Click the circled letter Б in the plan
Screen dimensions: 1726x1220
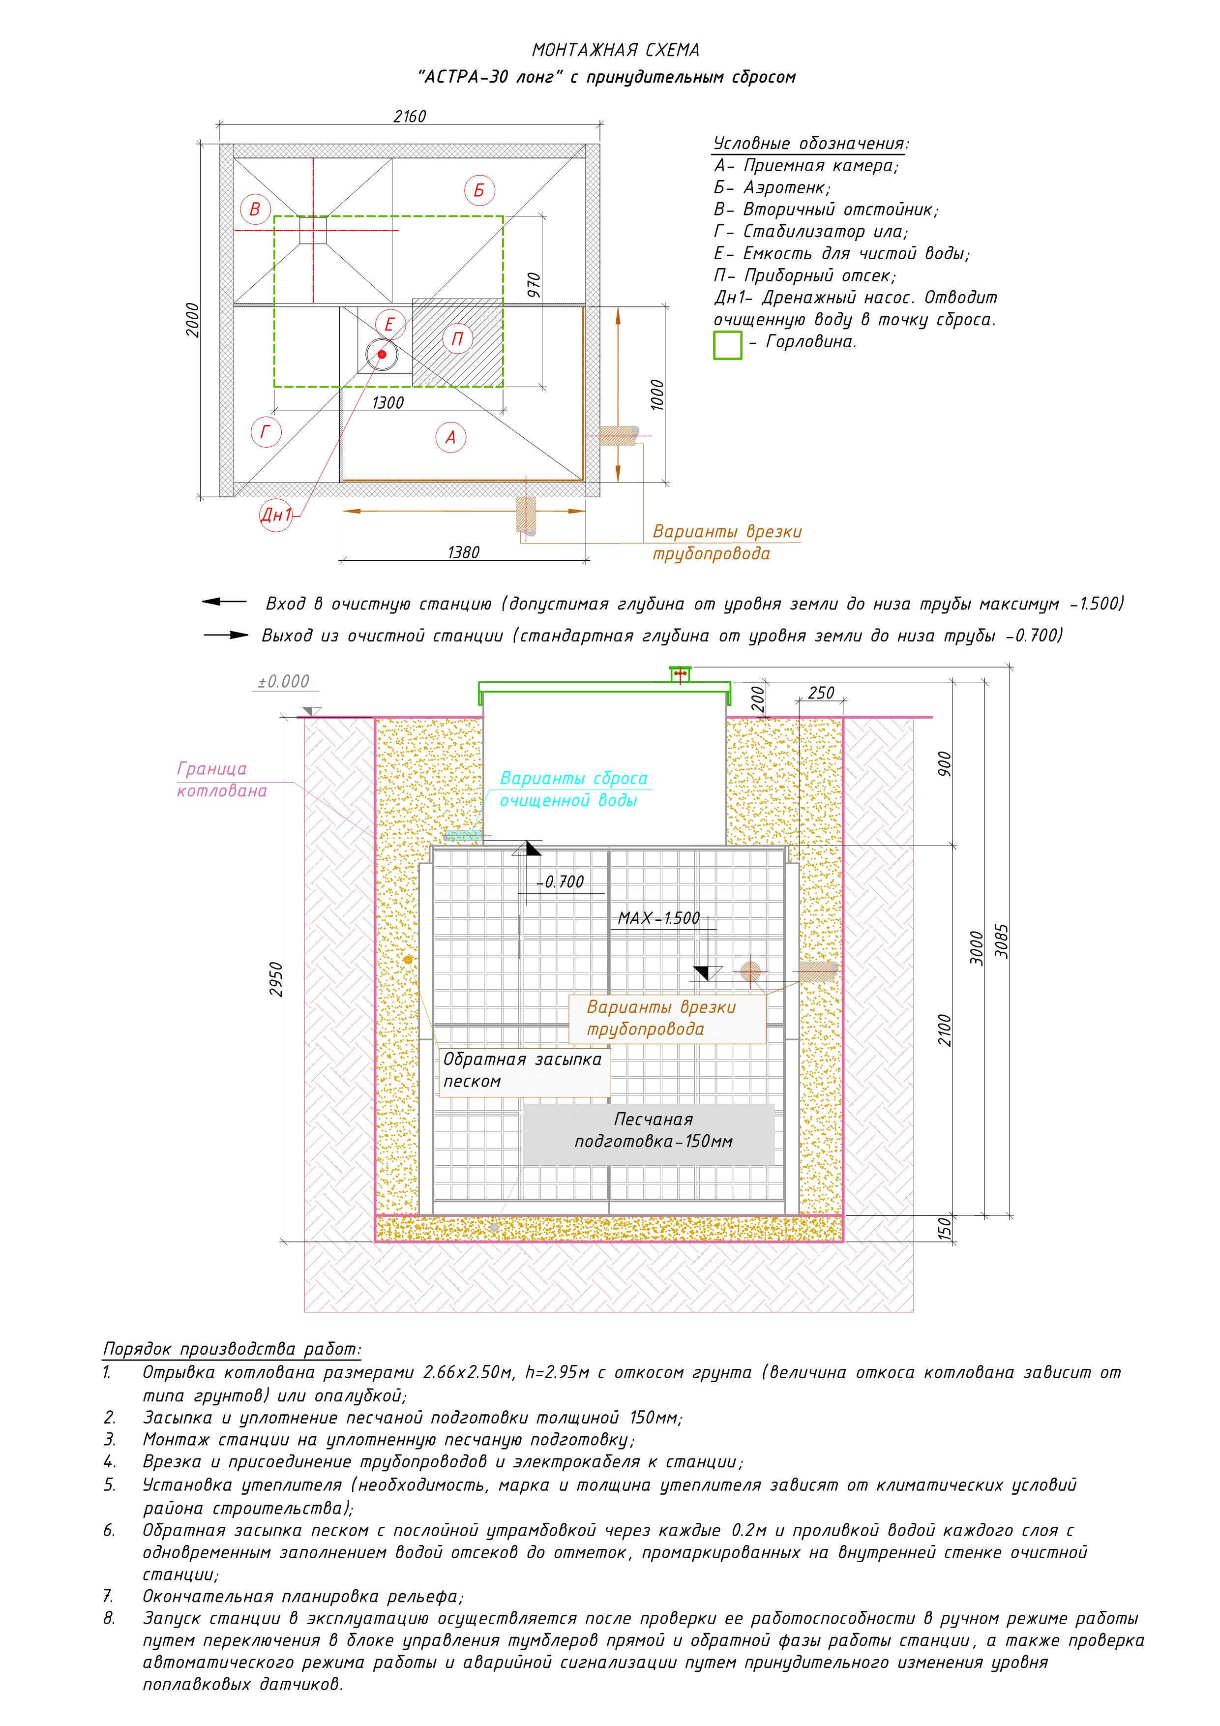pyautogui.click(x=479, y=190)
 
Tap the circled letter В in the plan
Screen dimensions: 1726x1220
pyautogui.click(x=255, y=209)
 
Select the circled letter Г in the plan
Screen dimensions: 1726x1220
pyautogui.click(x=266, y=432)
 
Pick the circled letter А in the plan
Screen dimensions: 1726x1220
pyautogui.click(x=451, y=437)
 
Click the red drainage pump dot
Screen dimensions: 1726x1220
pyautogui.click(x=382, y=354)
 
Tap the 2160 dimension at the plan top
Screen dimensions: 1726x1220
pyautogui.click(x=409, y=117)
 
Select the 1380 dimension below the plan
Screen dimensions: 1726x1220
pyautogui.click(x=463, y=552)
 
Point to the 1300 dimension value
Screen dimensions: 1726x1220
pyautogui.click(x=388, y=403)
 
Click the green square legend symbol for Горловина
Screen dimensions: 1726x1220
pyautogui.click(x=727, y=345)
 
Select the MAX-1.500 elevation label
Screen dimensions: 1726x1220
pyautogui.click(x=658, y=918)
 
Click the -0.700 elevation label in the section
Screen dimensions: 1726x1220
pyautogui.click(x=560, y=882)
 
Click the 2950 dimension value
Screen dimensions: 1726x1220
pyautogui.click(x=277, y=979)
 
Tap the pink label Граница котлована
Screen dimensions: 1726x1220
pyautogui.click(x=222, y=780)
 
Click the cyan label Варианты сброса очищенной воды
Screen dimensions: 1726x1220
pyautogui.click(x=573, y=789)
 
